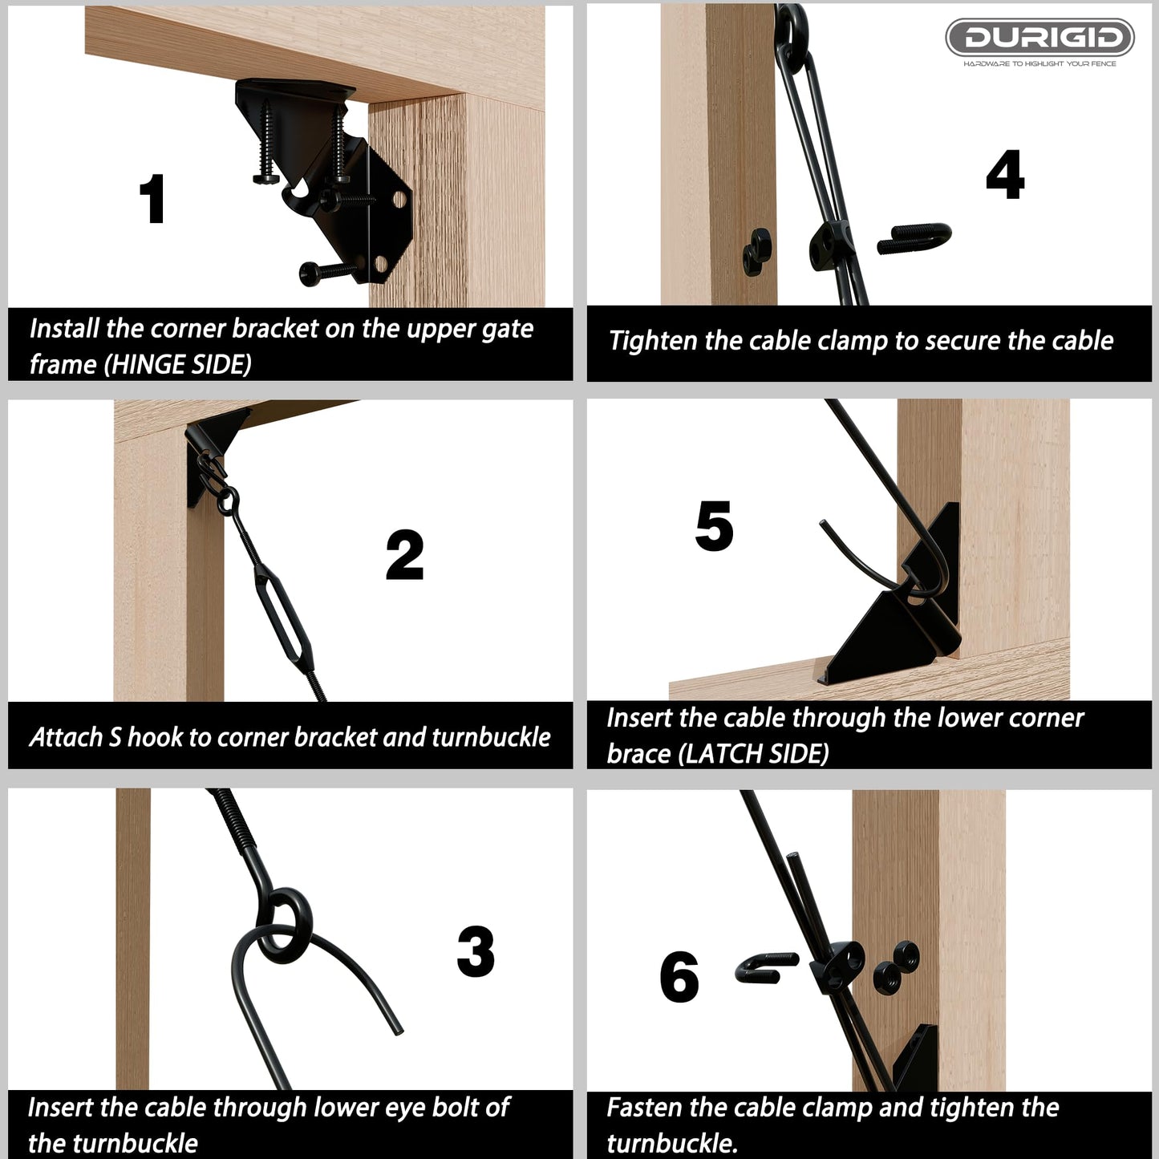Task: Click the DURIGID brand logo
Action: click(1039, 38)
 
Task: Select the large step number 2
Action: click(404, 555)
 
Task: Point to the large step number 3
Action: click(476, 951)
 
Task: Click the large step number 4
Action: click(1005, 175)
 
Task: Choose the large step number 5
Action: click(714, 527)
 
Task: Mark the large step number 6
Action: click(679, 977)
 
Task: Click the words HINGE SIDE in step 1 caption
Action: click(180, 365)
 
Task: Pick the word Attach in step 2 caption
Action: click(65, 737)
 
